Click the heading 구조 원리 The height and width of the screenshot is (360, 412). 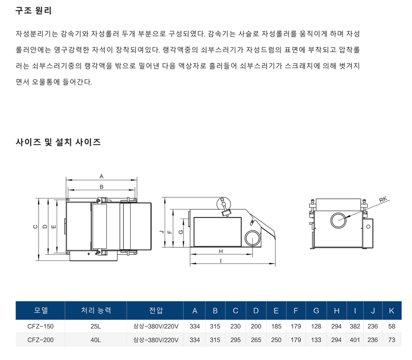(33, 10)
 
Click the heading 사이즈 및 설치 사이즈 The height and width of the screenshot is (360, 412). (58, 142)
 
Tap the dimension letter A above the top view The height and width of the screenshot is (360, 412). (102, 176)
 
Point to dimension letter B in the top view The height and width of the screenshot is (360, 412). (102, 187)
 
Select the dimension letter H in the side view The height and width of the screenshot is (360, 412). (221, 251)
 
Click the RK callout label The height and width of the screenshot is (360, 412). (383, 200)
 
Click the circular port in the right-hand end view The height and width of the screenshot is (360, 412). (338, 221)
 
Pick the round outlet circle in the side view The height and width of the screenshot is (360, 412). (252, 238)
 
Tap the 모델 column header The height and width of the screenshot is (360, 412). (41, 310)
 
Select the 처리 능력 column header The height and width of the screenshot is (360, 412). (96, 310)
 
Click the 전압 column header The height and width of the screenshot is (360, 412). (156, 310)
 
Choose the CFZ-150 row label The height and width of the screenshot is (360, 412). (40, 326)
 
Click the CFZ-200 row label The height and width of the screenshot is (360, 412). (40, 340)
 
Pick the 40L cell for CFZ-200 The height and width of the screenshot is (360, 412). (96, 340)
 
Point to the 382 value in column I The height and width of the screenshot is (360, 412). (355, 326)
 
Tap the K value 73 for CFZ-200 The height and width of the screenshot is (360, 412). (392, 340)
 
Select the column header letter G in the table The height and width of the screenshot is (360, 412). (316, 311)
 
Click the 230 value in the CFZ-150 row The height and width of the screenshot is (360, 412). (235, 326)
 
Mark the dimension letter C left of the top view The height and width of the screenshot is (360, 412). (36, 227)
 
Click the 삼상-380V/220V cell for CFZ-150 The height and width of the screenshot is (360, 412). (156, 326)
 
